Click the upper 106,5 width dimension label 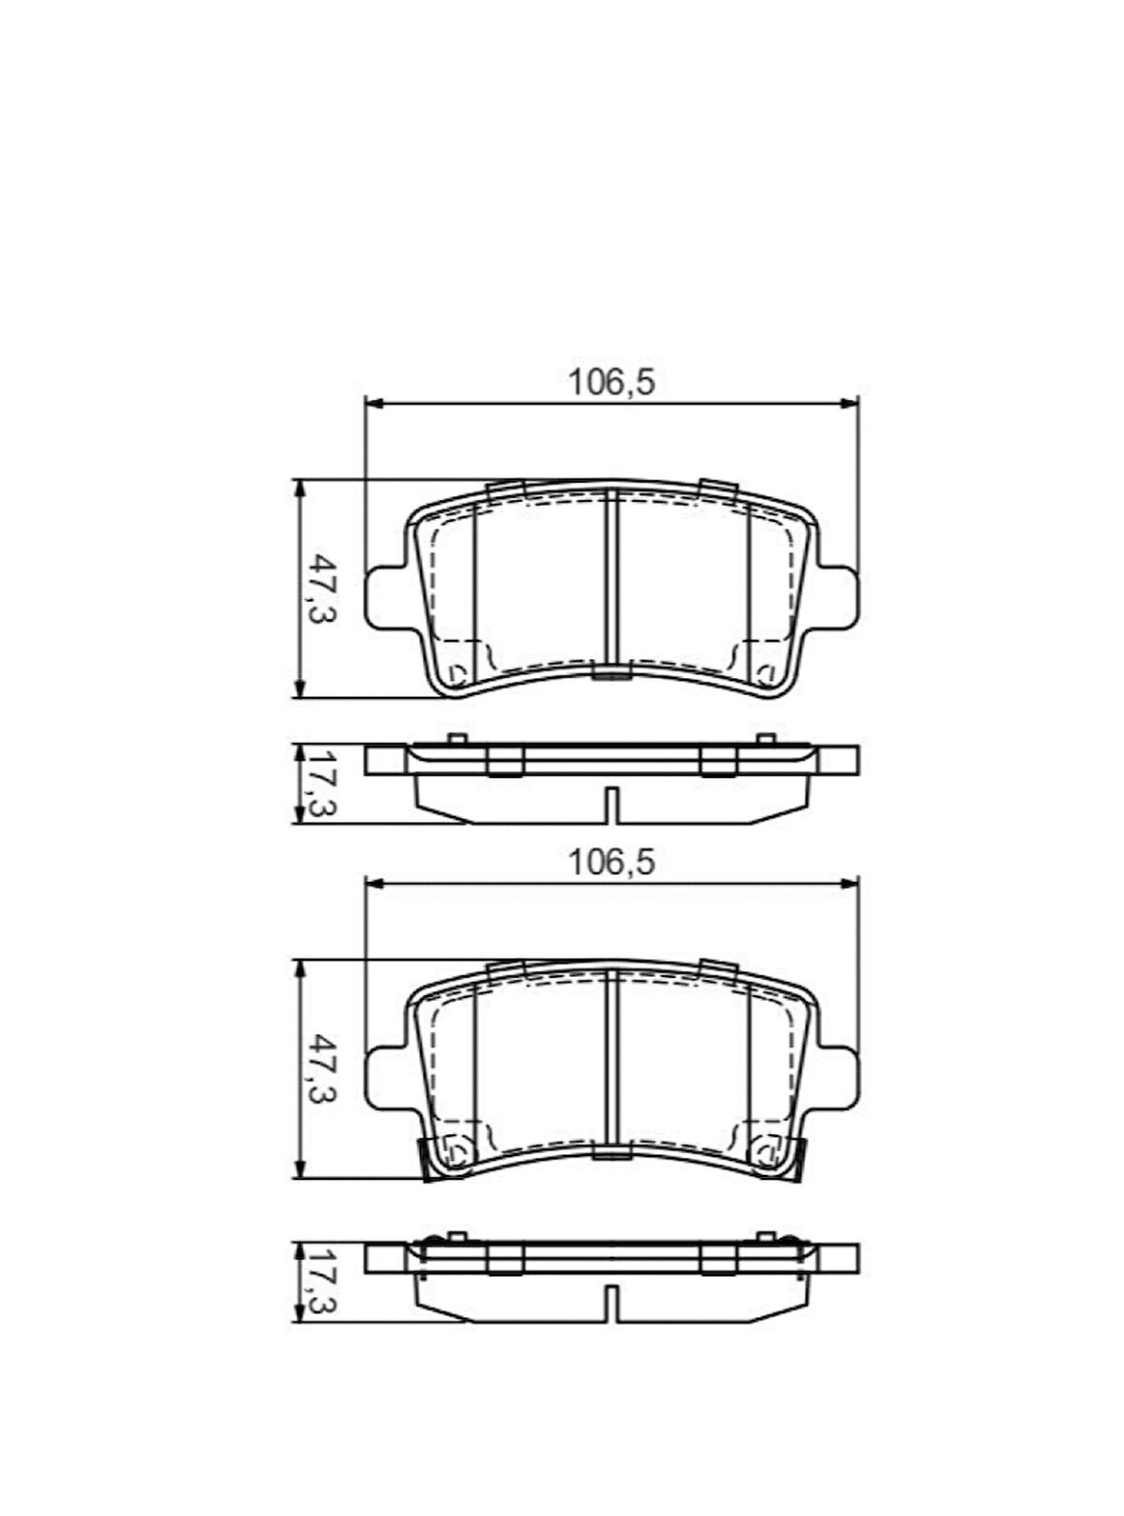coord(612,383)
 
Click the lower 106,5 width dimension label coord(612,863)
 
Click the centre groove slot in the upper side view coord(612,805)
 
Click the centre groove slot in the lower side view coord(612,1302)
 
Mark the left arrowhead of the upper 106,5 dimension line coord(373,405)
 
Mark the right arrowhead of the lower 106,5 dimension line coord(851,885)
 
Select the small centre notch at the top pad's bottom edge coord(612,675)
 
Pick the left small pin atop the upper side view coord(456,739)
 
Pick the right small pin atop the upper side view coord(765,739)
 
